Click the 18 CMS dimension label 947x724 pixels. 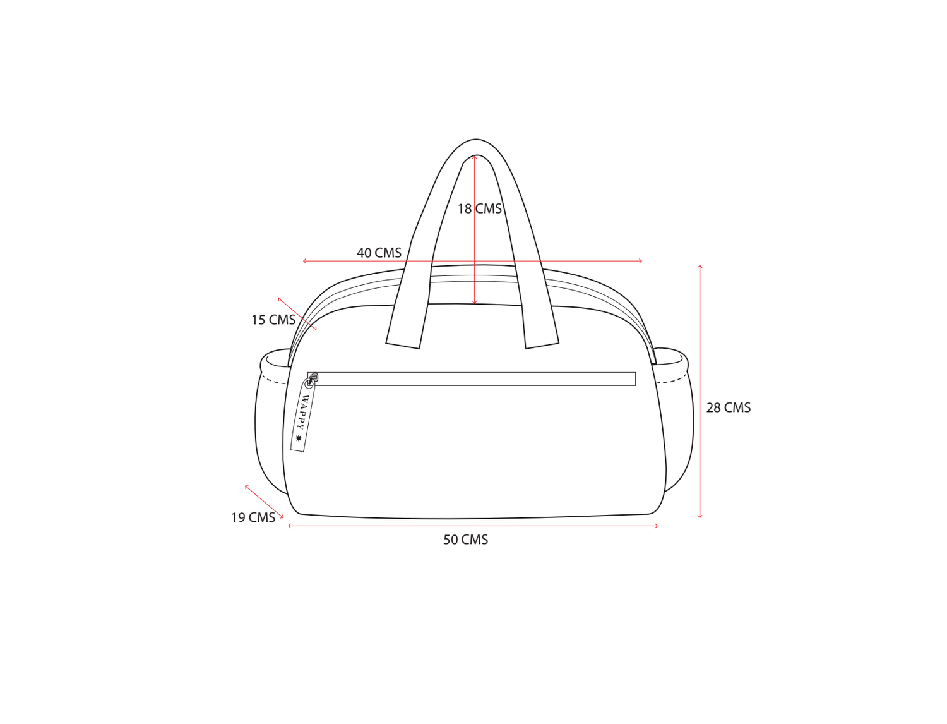coord(479,209)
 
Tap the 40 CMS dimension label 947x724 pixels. coord(379,253)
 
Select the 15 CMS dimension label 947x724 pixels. coord(273,320)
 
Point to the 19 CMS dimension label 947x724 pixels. coord(253,517)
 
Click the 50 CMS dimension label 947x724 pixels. coord(465,540)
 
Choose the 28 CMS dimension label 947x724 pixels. coord(729,407)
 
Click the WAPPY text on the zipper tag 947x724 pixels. coord(303,413)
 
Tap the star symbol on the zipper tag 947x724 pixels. coord(298,438)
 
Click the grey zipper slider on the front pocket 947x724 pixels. coord(313,377)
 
